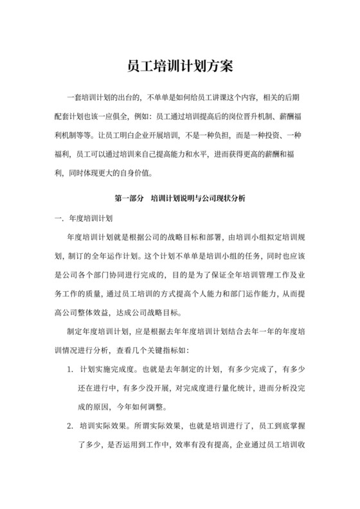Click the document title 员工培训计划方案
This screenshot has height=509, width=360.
point(179,66)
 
